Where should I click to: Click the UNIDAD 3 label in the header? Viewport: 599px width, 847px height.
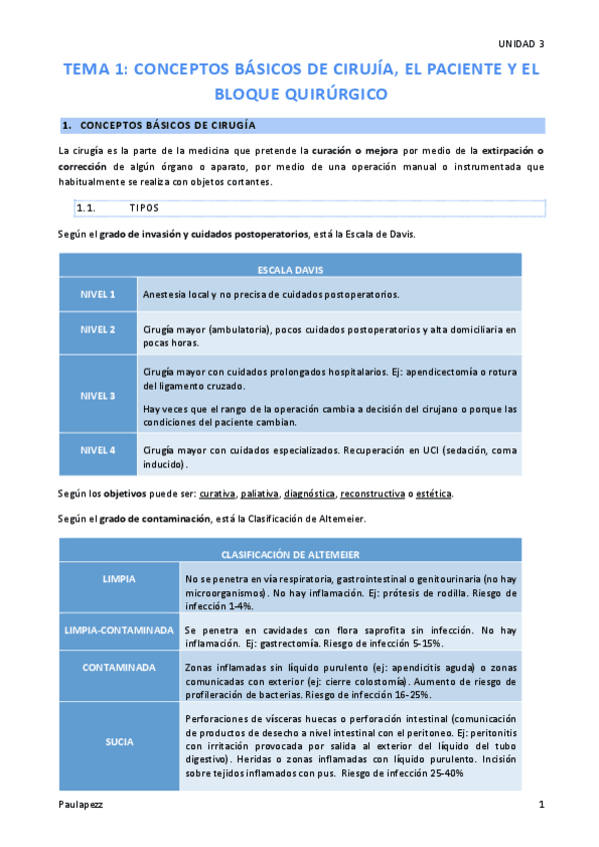click(x=521, y=44)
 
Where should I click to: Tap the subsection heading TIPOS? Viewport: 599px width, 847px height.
click(x=144, y=208)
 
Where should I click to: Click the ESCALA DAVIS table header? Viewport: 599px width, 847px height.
click(x=290, y=270)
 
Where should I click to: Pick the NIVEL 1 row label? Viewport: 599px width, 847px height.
click(x=99, y=295)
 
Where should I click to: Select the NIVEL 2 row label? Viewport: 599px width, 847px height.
click(x=99, y=329)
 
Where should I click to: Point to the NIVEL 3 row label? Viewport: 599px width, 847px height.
click(x=99, y=396)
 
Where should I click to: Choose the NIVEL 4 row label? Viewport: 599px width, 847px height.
click(x=99, y=450)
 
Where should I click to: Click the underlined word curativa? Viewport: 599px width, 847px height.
click(x=217, y=494)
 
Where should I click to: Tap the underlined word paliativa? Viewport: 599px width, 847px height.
click(x=259, y=494)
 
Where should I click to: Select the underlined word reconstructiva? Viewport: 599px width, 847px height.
click(x=372, y=494)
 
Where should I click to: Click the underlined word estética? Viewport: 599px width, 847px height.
click(x=433, y=494)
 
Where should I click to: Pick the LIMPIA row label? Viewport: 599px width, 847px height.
click(x=119, y=579)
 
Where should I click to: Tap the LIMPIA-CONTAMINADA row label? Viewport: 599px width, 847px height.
click(x=119, y=631)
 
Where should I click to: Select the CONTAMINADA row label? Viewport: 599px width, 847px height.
click(x=119, y=667)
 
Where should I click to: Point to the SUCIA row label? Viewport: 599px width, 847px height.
click(x=119, y=742)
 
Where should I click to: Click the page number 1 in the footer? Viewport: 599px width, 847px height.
click(x=541, y=804)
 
